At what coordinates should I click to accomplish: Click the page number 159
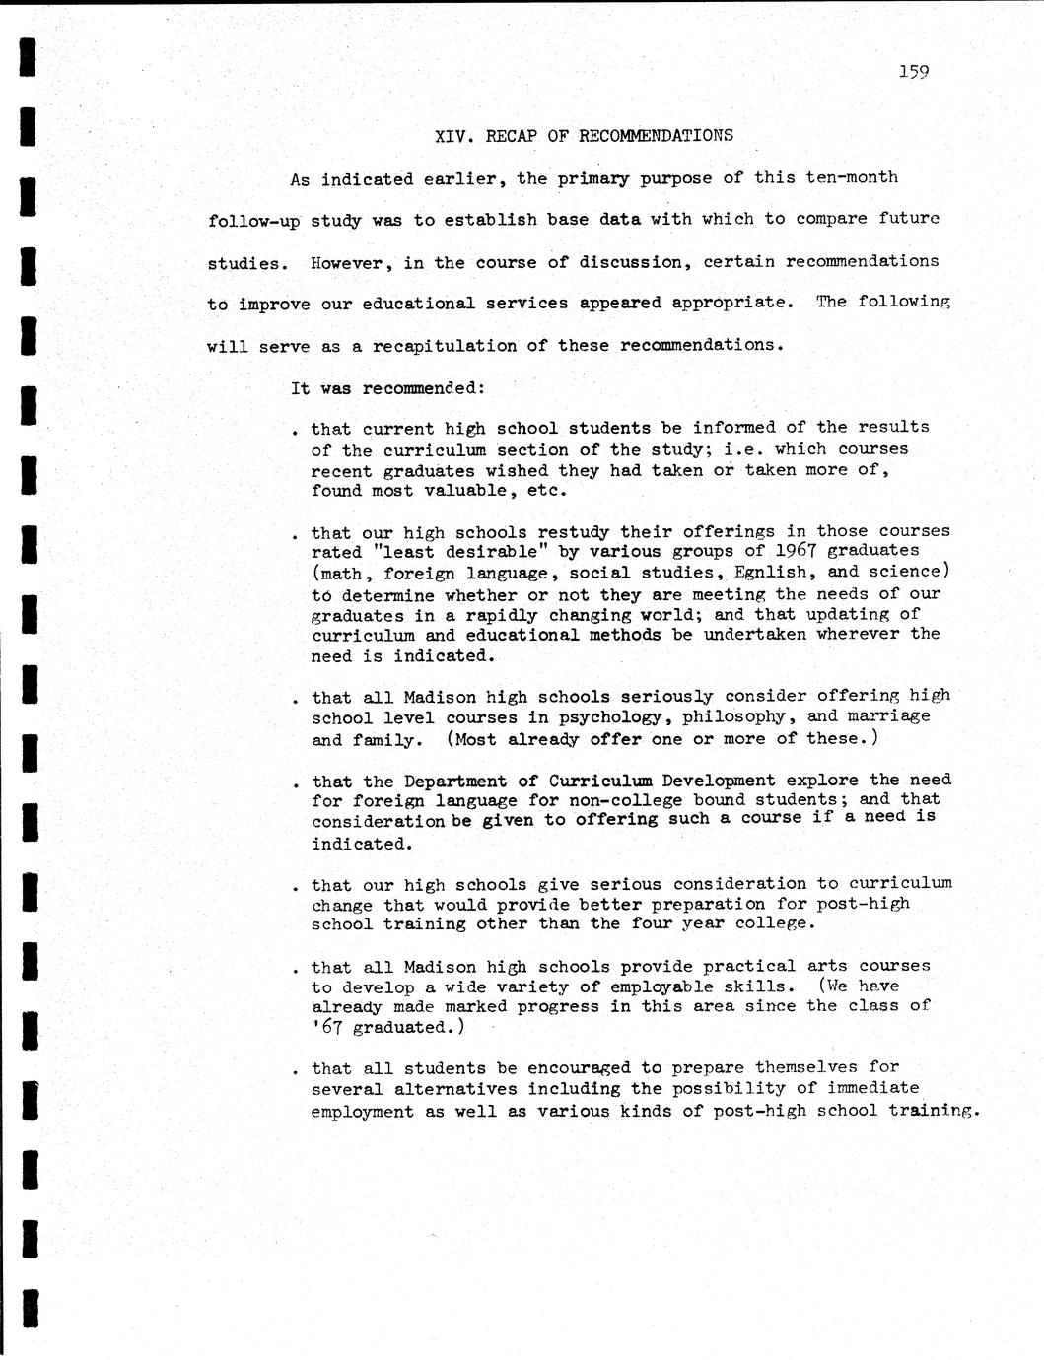tap(914, 71)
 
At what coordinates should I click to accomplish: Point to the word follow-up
tap(253, 221)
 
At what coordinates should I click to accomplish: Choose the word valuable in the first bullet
tap(463, 490)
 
